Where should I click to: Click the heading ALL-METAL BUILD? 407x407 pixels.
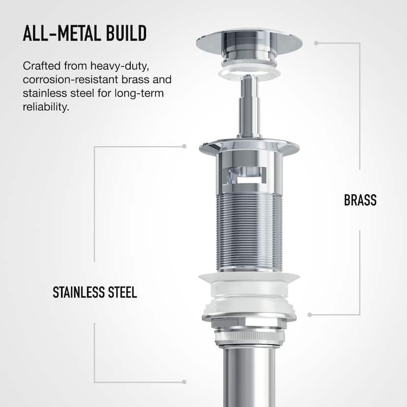click(x=84, y=33)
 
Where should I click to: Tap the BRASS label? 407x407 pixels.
click(x=360, y=200)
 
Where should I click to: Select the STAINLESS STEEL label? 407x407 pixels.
click(x=95, y=292)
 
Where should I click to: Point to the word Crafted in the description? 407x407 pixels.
click(x=42, y=66)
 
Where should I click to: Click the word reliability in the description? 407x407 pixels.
click(x=46, y=106)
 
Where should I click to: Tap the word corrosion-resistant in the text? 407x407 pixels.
click(x=71, y=79)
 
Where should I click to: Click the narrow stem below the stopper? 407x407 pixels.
click(x=249, y=106)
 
